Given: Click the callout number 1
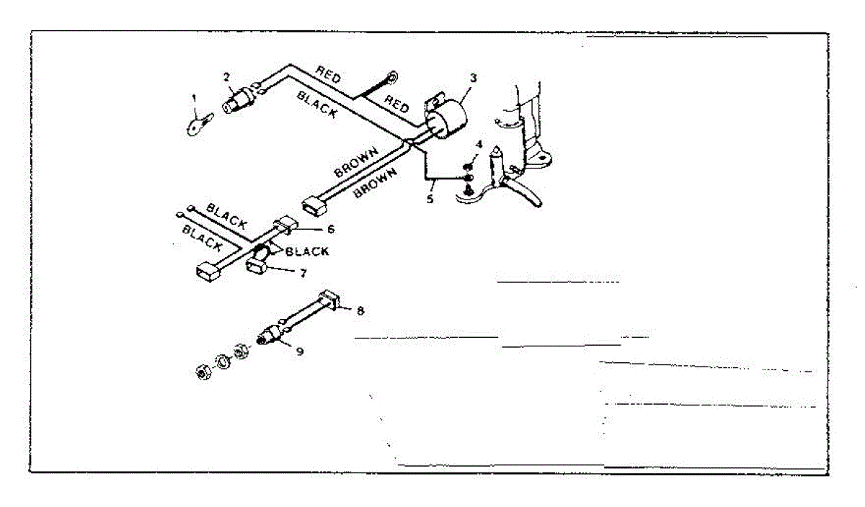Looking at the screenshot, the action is (x=193, y=97).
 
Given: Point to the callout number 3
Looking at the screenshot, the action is (x=473, y=77).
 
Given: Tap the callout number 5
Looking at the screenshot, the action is (x=430, y=199).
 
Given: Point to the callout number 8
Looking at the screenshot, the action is (x=360, y=310).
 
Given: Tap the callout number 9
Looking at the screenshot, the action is (x=301, y=353).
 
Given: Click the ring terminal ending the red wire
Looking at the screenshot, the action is (x=393, y=75).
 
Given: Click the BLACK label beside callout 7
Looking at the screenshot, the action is (x=307, y=251).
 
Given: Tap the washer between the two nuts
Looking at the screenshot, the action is (x=223, y=363).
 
